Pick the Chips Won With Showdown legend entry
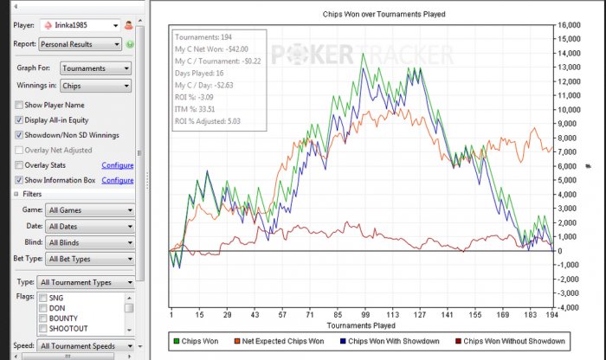tap(393, 342)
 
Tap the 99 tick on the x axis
tap(365, 315)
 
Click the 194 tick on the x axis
tap(551, 315)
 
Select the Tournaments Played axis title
tap(361, 325)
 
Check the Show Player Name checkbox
tap(19, 105)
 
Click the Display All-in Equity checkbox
tap(19, 119)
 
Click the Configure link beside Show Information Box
tap(118, 180)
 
